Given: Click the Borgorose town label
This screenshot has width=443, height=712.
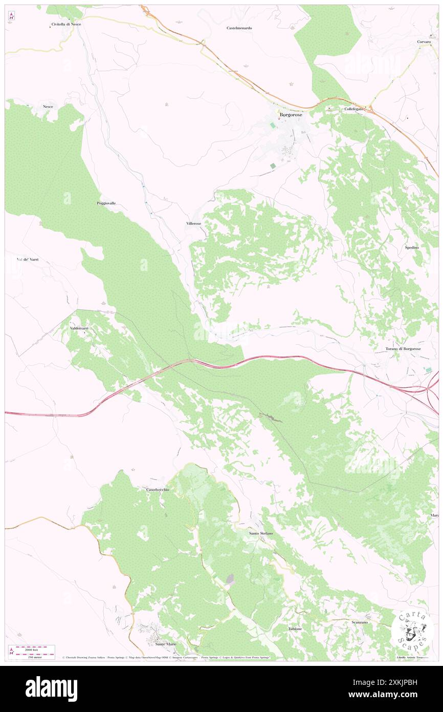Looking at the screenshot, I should click(291, 115).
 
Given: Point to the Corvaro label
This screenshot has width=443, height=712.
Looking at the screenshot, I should click(424, 41).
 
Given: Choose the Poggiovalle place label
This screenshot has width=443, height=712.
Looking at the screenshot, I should click(106, 203).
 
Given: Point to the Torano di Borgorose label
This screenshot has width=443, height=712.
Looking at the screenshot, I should click(403, 349).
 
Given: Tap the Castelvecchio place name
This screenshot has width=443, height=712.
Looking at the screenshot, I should click(158, 490).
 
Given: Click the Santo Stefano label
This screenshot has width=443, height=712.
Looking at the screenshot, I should click(261, 533).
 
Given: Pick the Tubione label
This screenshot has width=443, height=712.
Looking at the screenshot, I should click(295, 629).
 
